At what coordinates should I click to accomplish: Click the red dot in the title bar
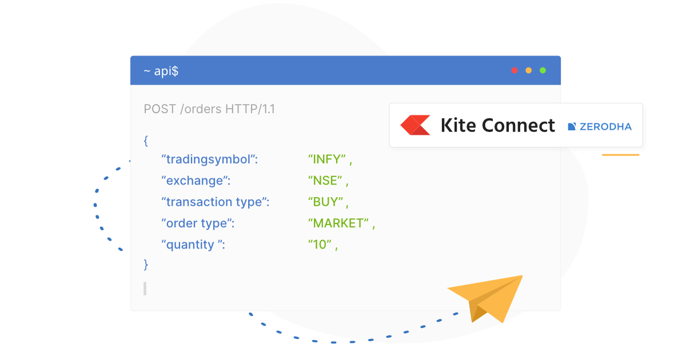click(x=514, y=70)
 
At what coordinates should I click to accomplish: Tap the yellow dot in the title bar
click(x=529, y=70)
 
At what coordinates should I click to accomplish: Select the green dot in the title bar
click(x=543, y=70)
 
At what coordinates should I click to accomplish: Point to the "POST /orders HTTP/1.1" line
click(x=209, y=109)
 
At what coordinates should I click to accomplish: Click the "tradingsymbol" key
click(x=210, y=159)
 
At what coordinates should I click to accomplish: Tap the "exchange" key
click(x=196, y=181)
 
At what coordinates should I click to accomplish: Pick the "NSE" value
click(x=325, y=181)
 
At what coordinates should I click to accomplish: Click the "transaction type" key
click(x=215, y=202)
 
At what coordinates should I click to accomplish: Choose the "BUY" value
click(x=325, y=202)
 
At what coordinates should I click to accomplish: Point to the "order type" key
click(x=198, y=223)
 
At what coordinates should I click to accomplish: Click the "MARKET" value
click(x=338, y=223)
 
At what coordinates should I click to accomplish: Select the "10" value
click(x=320, y=245)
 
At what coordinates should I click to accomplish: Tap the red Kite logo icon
click(x=415, y=125)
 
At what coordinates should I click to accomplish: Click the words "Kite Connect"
click(x=497, y=125)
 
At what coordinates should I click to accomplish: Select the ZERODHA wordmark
click(x=605, y=126)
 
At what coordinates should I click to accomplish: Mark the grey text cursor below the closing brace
click(x=145, y=289)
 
